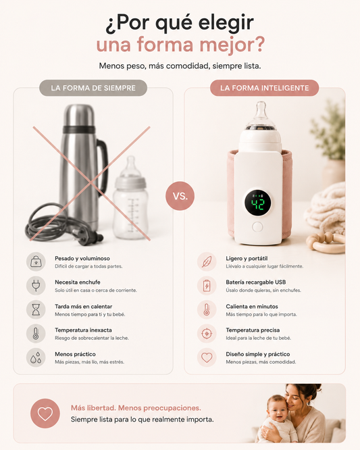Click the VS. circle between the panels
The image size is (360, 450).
(180, 196)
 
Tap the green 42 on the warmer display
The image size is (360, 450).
(257, 204)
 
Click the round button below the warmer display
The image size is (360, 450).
(257, 227)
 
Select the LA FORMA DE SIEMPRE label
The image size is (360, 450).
(93, 88)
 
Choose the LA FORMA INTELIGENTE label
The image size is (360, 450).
(265, 88)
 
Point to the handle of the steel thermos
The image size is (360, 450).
(103, 166)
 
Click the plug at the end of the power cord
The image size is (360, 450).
(90, 237)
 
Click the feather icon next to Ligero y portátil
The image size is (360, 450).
(207, 261)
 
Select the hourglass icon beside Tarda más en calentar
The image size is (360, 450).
(36, 309)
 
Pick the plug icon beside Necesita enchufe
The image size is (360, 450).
(36, 286)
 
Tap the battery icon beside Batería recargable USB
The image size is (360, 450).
(207, 286)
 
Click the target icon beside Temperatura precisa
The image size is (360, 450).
(207, 334)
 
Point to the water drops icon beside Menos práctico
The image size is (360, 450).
(36, 357)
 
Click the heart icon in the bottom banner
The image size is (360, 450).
(45, 414)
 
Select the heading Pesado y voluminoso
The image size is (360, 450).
(82, 258)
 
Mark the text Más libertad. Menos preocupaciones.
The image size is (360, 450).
(136, 408)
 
